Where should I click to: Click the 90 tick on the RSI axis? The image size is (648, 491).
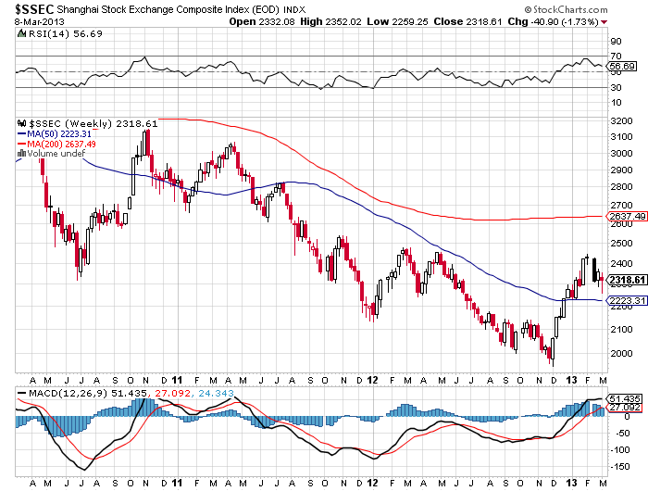point(613,42)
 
